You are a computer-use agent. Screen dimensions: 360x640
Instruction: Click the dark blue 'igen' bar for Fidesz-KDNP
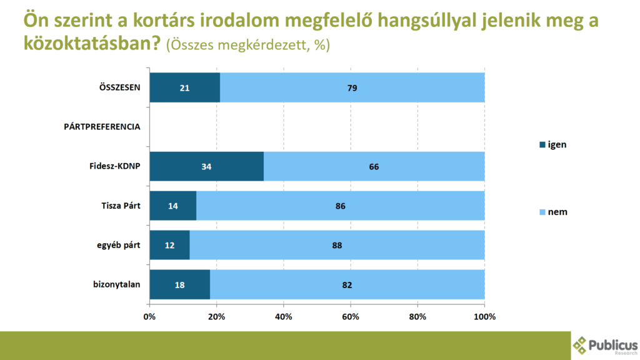click(x=206, y=167)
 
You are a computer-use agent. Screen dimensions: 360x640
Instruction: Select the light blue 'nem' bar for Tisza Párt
click(x=341, y=206)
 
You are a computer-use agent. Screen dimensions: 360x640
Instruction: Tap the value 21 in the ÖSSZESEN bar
click(x=184, y=88)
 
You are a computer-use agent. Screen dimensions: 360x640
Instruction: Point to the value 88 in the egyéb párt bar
click(x=337, y=246)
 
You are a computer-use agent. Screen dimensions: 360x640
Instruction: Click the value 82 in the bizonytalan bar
click(x=347, y=285)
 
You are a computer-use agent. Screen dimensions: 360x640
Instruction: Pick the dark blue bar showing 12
click(x=169, y=246)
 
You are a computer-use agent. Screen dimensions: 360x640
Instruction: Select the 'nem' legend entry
click(x=552, y=212)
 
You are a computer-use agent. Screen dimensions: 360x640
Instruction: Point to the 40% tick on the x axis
click(x=284, y=317)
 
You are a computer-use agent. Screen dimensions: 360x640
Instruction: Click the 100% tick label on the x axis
click(x=485, y=317)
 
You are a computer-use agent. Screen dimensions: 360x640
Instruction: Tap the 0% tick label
click(x=149, y=317)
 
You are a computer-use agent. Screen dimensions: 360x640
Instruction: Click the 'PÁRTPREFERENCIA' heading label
click(x=102, y=127)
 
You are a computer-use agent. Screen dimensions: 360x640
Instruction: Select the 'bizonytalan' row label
click(x=116, y=285)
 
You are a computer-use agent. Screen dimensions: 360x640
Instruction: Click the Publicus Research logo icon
click(x=581, y=344)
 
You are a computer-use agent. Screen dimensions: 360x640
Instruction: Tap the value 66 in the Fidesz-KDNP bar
click(x=374, y=167)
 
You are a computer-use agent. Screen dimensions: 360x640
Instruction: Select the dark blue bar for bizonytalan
click(x=179, y=285)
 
